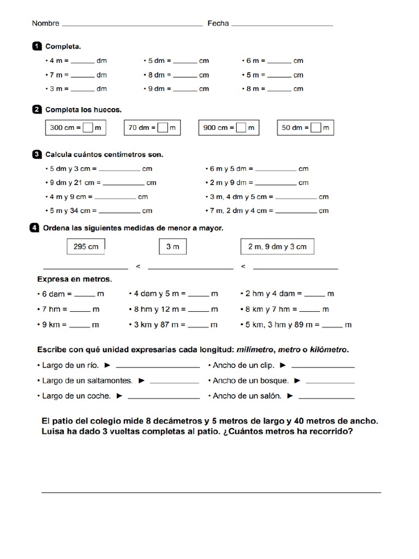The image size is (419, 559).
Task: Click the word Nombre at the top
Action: click(x=45, y=23)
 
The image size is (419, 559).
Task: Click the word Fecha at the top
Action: click(x=218, y=23)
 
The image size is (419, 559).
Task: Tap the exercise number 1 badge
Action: click(x=37, y=46)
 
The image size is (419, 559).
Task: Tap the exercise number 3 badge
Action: click(x=37, y=154)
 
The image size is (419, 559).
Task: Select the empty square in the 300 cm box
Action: click(x=88, y=128)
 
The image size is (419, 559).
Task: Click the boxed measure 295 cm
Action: click(x=86, y=247)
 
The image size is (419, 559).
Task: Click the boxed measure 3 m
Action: click(x=172, y=247)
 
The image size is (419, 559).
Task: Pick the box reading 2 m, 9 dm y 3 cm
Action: click(x=277, y=247)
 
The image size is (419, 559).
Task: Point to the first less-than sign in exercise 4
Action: click(x=138, y=266)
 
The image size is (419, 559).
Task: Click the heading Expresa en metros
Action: click(x=74, y=279)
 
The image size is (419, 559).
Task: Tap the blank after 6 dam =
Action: click(x=84, y=295)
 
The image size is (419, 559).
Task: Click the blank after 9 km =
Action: click(x=80, y=325)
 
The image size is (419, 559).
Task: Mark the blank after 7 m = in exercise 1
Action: click(x=82, y=76)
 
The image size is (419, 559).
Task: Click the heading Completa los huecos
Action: click(x=83, y=110)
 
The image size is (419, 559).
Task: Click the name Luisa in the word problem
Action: click(x=54, y=431)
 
